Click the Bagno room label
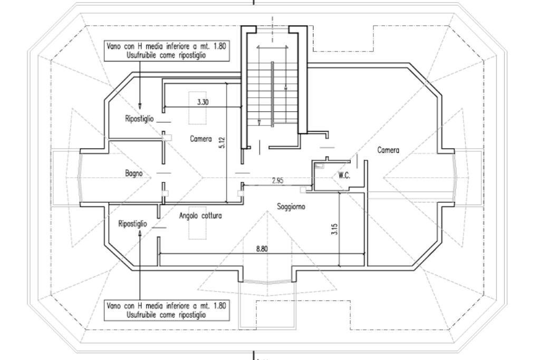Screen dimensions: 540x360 tap(133, 173)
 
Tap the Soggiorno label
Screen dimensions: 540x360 tap(291, 207)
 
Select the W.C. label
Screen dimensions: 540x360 tap(344, 176)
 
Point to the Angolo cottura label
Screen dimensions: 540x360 tap(200, 216)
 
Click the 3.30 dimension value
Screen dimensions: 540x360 tap(203, 102)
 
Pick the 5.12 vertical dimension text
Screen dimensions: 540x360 tap(222, 143)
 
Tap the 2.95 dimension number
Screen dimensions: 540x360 tap(277, 180)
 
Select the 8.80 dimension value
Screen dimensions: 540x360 tap(262, 249)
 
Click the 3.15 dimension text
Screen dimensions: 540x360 tap(334, 229)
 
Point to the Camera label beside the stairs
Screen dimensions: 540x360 tap(201, 139)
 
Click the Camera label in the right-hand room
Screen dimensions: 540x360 tap(388, 150)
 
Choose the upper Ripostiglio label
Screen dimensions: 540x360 tap(139, 119)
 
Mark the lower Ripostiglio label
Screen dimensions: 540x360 tap(132, 224)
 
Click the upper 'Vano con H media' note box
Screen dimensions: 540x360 tap(167, 51)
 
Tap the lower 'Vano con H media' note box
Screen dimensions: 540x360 tap(167, 310)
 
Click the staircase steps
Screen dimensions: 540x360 tap(273, 95)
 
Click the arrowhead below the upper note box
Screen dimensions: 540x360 tap(140, 106)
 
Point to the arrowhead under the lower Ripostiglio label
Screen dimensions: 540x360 tap(140, 233)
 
